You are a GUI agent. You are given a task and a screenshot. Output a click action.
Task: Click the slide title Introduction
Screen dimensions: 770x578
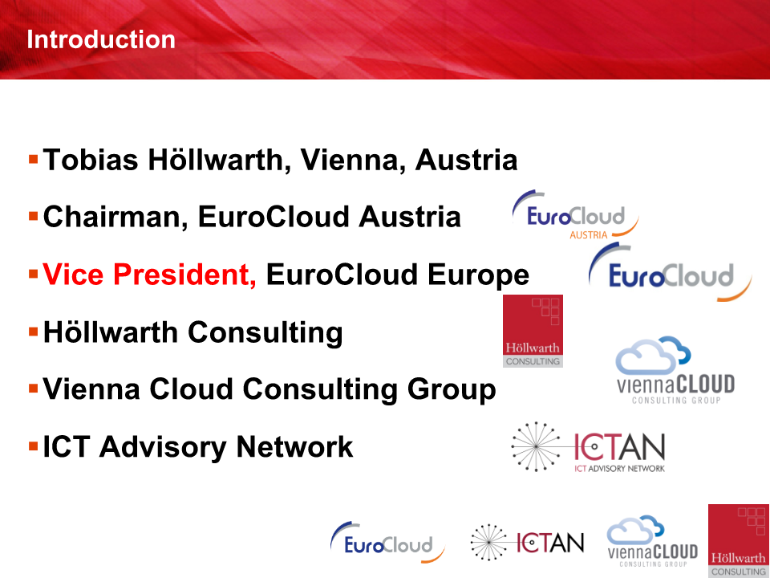coord(101,39)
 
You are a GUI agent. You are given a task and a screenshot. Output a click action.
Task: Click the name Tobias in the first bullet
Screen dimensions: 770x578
coord(91,160)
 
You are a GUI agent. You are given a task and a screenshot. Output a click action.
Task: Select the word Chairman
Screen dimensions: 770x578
coord(115,217)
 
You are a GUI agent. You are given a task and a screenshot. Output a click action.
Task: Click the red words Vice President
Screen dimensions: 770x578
coord(149,275)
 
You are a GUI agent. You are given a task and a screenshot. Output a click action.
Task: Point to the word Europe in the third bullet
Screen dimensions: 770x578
coord(478,275)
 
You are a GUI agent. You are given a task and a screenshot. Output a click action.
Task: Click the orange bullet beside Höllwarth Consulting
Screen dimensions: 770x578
coord(34,332)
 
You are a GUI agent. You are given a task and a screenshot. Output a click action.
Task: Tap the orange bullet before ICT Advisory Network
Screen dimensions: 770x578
coord(34,446)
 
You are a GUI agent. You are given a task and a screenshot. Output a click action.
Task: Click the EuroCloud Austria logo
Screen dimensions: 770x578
coord(576,215)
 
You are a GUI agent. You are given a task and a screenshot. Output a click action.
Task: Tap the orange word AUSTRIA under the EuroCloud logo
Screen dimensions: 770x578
coord(588,235)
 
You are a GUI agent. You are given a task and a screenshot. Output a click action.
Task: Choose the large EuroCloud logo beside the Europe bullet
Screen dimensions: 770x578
coord(670,272)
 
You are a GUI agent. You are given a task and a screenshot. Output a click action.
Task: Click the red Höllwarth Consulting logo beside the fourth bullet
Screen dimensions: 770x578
coord(533,331)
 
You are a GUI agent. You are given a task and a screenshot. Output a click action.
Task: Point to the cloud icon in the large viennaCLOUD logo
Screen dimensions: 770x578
coord(653,355)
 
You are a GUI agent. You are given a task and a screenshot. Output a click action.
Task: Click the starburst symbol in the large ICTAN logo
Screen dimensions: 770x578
coord(537,446)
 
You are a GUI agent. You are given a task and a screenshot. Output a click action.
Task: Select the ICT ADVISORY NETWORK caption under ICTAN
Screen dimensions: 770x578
coord(619,468)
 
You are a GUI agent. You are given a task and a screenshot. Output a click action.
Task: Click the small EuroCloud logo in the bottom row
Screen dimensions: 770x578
coord(387,542)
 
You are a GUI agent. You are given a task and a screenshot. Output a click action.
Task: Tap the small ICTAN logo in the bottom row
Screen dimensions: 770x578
coord(528,542)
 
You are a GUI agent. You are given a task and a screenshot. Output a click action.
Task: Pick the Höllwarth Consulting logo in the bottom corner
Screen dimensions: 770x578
coord(739,540)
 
